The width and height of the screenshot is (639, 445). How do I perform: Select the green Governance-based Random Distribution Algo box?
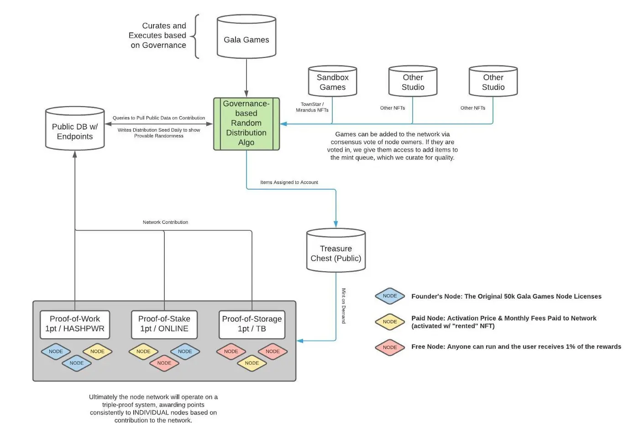tap(246, 124)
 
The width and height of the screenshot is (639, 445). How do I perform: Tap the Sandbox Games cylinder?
tap(332, 82)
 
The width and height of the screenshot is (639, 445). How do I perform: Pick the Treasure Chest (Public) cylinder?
tap(336, 252)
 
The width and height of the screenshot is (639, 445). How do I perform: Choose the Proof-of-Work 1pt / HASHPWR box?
tap(75, 324)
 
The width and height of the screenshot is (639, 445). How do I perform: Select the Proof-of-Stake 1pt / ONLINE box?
tap(164, 324)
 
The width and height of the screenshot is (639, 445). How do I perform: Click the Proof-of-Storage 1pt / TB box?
tap(252, 324)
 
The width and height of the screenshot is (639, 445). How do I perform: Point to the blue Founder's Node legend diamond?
tap(390, 296)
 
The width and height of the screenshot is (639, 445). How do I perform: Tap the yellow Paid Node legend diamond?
tap(390, 322)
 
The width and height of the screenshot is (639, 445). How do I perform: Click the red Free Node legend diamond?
tap(390, 347)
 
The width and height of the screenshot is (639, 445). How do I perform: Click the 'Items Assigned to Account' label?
tap(289, 182)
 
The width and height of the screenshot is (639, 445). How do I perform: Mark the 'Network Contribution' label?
tap(165, 222)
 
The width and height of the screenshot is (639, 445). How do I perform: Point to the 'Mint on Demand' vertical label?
tap(344, 306)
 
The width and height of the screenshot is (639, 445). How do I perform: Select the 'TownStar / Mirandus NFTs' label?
tap(312, 107)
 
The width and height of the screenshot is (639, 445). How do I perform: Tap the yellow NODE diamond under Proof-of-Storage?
tap(252, 363)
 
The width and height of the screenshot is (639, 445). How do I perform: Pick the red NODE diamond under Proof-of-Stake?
tap(164, 363)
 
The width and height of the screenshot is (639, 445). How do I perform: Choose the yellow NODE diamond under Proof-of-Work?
tap(97, 352)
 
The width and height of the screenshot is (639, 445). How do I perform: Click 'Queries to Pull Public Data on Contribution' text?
tap(159, 118)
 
